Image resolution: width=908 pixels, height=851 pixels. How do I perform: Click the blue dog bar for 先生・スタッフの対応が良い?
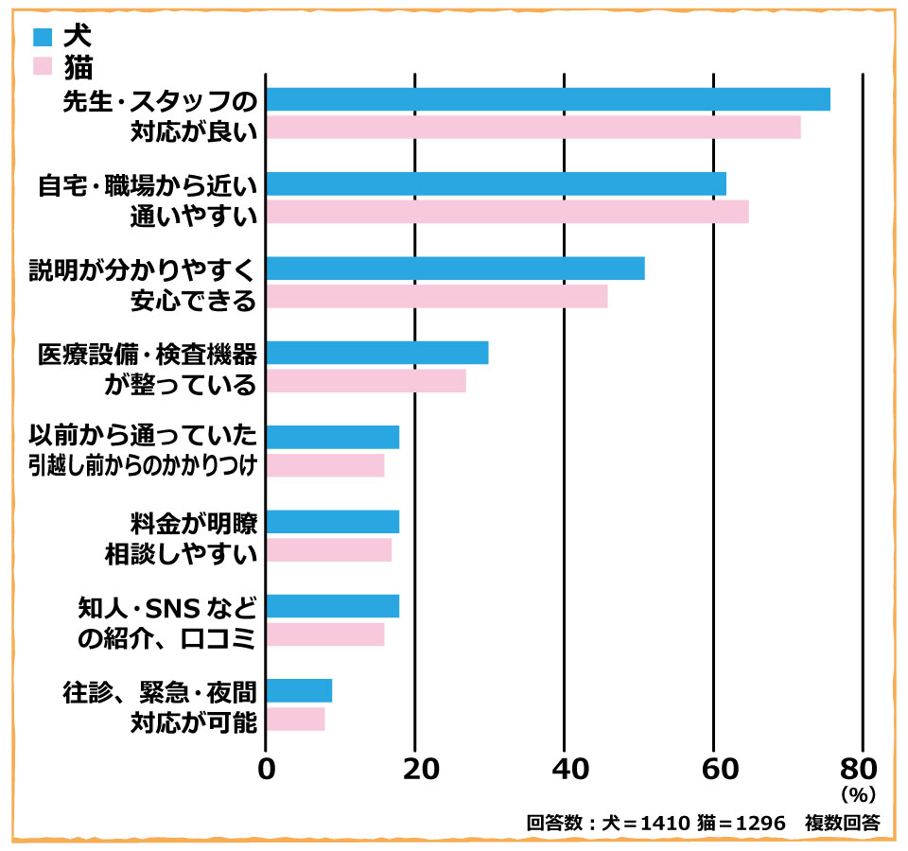pos(548,99)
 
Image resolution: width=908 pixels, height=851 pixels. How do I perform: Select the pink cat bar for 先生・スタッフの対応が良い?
pos(533,128)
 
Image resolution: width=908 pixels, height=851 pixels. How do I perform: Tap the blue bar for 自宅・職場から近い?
pos(496,183)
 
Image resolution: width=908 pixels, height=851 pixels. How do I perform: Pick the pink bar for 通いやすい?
pos(507,212)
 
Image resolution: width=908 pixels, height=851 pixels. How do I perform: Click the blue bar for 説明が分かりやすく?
pos(455,269)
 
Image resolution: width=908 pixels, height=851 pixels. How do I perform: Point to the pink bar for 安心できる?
pos(436,297)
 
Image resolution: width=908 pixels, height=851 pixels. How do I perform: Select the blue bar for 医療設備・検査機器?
pos(376,353)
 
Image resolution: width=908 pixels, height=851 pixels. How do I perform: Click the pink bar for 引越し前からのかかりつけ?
pos(324,465)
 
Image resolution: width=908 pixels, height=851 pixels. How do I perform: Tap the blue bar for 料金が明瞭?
pos(332,522)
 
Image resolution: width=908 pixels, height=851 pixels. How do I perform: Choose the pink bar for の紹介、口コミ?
pos(324,634)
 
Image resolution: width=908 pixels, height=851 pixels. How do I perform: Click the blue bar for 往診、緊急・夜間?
pos(299,691)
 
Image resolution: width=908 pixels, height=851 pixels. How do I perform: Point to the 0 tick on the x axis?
pos(266,768)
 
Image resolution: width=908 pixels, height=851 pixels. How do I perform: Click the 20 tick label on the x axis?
pos(415,768)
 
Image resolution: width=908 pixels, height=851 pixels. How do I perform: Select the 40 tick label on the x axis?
pos(565,768)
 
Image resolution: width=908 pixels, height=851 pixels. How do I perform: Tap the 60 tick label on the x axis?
pos(713,768)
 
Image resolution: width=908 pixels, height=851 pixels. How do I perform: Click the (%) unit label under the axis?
pos(858,792)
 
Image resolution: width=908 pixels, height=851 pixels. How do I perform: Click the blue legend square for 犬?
pos(43,38)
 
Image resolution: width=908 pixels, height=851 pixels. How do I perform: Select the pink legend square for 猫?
pos(43,65)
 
